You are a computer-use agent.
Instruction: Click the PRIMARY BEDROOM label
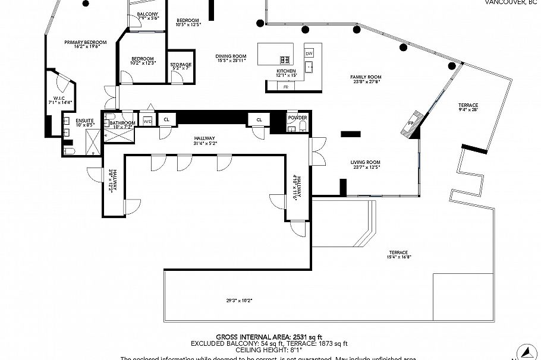(86, 42)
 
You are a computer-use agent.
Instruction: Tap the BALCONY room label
(147, 14)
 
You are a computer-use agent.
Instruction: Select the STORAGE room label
(181, 65)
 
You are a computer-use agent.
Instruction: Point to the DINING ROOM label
(231, 57)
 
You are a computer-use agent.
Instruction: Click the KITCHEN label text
(286, 71)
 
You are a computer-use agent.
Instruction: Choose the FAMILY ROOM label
(366, 77)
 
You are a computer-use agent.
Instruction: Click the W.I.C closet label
(59, 99)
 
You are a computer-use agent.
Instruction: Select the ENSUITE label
(84, 121)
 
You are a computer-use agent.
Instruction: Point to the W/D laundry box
(147, 121)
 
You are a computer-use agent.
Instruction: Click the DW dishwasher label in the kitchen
(309, 53)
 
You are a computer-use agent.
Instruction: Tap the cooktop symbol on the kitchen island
(285, 59)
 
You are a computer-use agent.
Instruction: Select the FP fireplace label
(411, 124)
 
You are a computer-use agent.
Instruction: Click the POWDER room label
(297, 118)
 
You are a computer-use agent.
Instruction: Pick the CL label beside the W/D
(166, 119)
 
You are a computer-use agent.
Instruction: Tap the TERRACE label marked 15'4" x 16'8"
(399, 252)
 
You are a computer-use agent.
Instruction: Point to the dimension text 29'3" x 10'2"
(240, 301)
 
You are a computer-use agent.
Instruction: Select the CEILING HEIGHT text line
(269, 350)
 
